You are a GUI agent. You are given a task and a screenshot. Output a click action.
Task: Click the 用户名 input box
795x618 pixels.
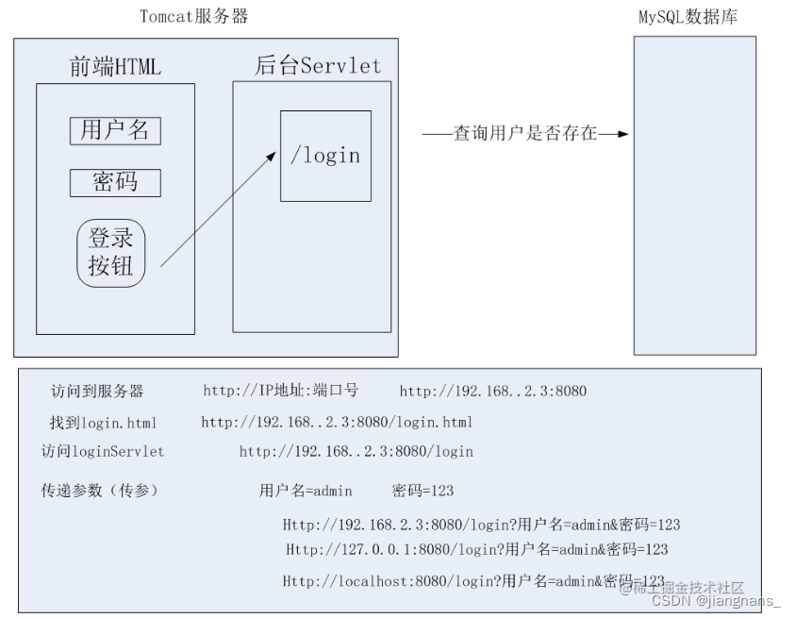click(x=115, y=130)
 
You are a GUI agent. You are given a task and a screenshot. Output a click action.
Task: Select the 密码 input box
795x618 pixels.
click(x=115, y=182)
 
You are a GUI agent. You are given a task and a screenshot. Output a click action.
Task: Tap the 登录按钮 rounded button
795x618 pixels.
click(x=111, y=253)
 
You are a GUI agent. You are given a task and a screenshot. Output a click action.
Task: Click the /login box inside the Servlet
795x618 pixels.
click(x=325, y=156)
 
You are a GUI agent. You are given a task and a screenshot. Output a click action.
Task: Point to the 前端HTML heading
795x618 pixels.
click(x=115, y=66)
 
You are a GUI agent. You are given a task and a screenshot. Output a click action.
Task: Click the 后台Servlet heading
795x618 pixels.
click(x=319, y=65)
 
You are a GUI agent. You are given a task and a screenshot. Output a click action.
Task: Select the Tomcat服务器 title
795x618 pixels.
click(x=194, y=16)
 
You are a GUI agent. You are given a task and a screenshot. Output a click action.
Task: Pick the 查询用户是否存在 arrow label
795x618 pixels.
click(x=525, y=134)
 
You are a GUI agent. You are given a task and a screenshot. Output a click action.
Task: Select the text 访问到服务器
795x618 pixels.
click(x=97, y=392)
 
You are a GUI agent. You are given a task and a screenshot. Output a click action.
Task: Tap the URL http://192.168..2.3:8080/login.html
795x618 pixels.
click(x=337, y=422)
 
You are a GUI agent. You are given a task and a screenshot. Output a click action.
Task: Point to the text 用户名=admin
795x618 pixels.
click(x=306, y=491)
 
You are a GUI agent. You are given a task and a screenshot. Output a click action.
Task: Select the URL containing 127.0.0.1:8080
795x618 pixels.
click(x=476, y=549)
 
